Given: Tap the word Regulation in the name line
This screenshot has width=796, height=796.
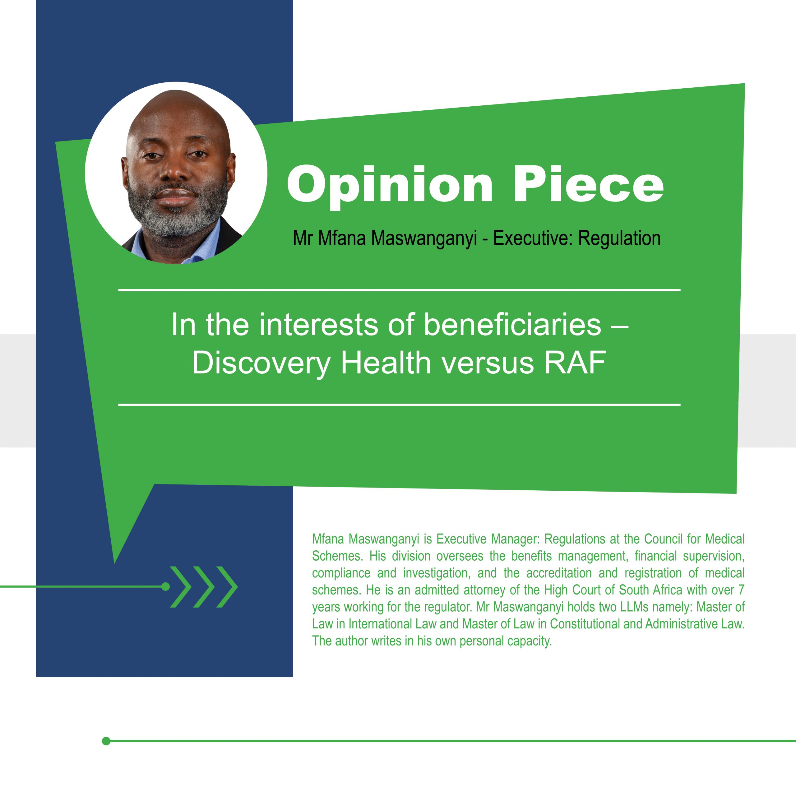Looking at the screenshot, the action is tap(619, 238).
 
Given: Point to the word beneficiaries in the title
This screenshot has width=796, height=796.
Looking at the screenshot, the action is tap(512, 325).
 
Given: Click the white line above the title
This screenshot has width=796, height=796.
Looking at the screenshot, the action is tap(399, 290).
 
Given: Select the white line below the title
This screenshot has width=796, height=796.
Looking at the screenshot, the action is tap(399, 405).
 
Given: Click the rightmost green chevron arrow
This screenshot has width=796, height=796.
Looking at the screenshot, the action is tap(227, 587).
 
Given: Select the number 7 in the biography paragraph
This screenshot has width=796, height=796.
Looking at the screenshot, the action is tap(741, 590).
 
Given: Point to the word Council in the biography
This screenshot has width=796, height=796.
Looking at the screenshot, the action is tap(663, 539).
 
